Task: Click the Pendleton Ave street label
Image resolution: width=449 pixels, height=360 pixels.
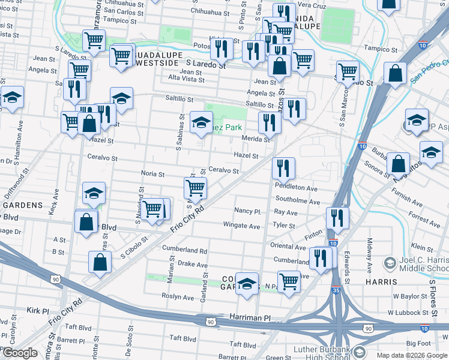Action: (295, 188)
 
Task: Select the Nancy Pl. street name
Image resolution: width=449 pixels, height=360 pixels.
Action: (248, 212)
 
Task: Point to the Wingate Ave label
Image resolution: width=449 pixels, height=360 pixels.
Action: (241, 226)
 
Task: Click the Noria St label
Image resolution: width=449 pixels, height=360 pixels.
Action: (152, 174)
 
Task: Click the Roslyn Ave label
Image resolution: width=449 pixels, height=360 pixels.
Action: (178, 296)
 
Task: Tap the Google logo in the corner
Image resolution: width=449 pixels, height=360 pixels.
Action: (20, 353)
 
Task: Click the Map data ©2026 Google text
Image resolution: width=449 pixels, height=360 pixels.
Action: (411, 355)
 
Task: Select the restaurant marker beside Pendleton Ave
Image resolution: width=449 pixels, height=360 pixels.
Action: (283, 168)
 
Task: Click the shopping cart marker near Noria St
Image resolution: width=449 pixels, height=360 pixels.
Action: (195, 188)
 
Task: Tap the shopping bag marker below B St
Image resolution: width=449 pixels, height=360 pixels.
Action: (100, 262)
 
